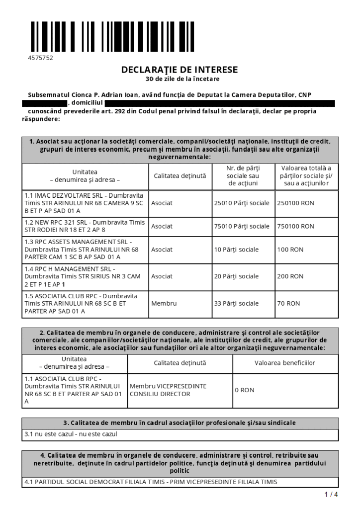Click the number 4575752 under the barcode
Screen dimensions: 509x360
pos(40,58)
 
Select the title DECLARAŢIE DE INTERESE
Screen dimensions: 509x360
pos(180,70)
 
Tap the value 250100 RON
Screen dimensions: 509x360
pos(296,203)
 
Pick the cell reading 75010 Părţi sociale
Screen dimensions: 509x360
pos(242,226)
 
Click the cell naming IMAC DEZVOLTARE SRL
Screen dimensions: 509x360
pos(84,203)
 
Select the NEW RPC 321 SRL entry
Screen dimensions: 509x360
pos(84,226)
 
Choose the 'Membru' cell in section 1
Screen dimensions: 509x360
pos(164,303)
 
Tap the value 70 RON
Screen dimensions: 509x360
pos(288,303)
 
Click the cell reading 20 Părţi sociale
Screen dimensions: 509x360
pos(236,276)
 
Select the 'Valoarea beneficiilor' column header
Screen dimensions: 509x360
pos(285,363)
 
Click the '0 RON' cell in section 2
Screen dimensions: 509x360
pos(245,390)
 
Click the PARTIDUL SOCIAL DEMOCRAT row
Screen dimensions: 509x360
pos(151,482)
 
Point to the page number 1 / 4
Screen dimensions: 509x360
pos(331,494)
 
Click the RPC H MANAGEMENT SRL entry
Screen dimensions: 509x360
pos(84,276)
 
